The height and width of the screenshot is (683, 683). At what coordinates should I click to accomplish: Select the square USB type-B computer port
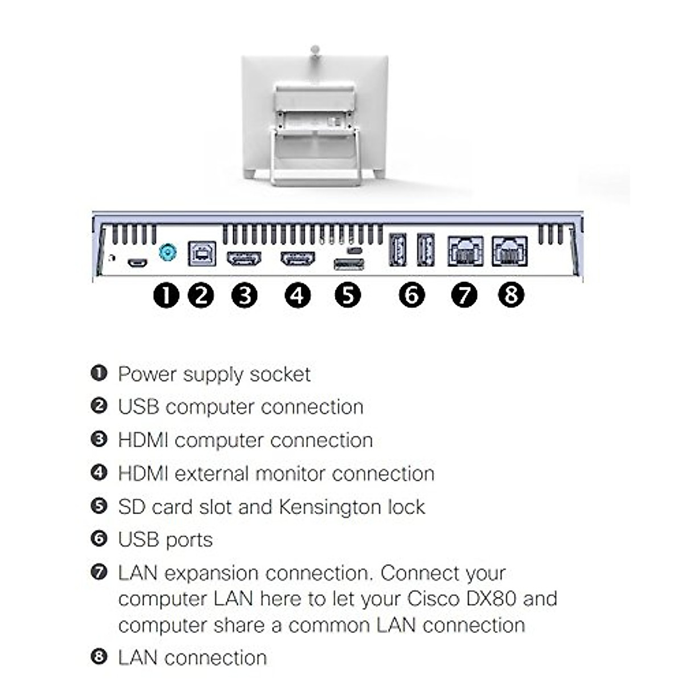(x=201, y=253)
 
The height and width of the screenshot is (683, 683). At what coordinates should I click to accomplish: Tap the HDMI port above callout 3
(x=244, y=259)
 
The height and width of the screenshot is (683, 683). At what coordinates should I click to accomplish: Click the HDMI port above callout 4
(x=298, y=259)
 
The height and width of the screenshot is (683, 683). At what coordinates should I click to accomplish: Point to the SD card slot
(x=348, y=264)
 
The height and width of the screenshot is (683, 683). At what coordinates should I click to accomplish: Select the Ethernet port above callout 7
(x=465, y=252)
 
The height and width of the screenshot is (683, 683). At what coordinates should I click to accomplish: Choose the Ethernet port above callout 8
(x=509, y=252)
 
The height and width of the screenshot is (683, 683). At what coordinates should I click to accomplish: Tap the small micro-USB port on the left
(x=137, y=263)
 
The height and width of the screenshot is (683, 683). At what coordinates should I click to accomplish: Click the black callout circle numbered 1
(x=166, y=295)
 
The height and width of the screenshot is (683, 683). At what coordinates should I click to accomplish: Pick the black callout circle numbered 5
(x=348, y=295)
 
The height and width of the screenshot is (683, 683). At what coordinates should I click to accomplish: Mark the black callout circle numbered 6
(x=412, y=295)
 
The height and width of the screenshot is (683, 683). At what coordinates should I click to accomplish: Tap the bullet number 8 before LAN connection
(x=99, y=657)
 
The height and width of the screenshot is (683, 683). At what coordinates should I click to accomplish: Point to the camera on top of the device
(x=315, y=51)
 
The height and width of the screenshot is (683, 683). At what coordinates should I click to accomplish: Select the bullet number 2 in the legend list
(x=99, y=406)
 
